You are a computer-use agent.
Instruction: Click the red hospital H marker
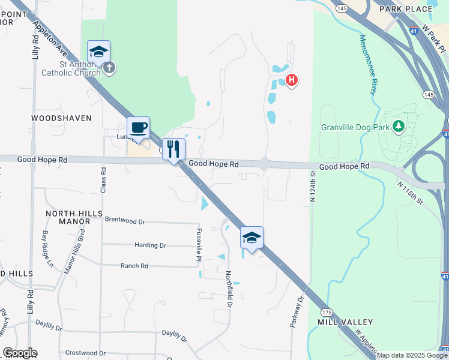pos(292,80)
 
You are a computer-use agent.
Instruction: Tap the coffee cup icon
pos(138,128)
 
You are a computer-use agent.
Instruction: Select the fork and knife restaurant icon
pos(173,149)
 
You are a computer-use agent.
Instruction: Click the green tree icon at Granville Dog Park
pos(397,126)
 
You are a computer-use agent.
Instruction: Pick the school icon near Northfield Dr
pos(252,238)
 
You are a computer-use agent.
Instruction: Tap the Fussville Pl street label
pos(198,244)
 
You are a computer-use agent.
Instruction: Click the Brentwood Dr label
pos(125,221)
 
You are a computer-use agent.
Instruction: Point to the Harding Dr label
pos(150,245)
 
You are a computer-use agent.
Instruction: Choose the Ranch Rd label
pos(134,266)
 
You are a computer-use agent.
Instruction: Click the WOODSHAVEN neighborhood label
pos(62,118)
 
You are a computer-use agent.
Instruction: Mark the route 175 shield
pos(327,313)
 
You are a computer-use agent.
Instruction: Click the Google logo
pos(20,353)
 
